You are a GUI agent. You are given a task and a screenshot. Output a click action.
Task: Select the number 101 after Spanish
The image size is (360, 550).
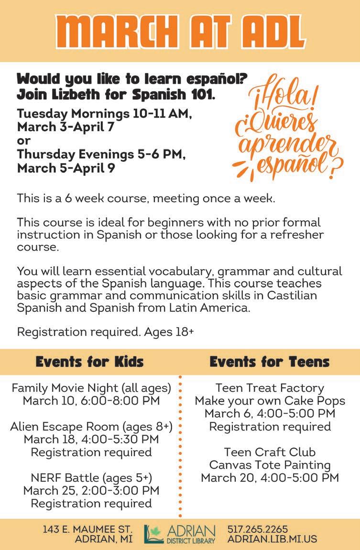click(x=202, y=94)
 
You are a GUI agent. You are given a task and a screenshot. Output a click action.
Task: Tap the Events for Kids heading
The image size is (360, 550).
click(x=89, y=362)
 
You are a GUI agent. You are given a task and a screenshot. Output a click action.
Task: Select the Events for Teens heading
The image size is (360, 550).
click(x=269, y=362)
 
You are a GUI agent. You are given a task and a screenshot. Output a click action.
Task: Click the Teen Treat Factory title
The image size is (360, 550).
click(x=270, y=388)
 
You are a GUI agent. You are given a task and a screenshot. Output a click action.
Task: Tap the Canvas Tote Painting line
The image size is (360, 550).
click(x=270, y=465)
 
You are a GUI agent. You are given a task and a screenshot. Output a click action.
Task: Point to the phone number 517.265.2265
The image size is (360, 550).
click(x=258, y=529)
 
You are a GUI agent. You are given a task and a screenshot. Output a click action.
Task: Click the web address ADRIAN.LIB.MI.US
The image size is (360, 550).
click(x=272, y=539)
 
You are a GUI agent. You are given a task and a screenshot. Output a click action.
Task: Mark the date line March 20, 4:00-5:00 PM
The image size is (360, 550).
click(x=270, y=478)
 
